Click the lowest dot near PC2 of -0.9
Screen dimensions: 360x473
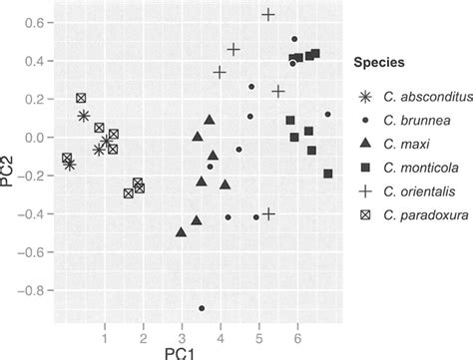[202, 309]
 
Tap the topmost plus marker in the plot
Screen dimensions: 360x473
[268, 15]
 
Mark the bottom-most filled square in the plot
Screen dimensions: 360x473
[328, 174]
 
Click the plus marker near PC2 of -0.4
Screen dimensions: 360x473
[267, 214]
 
